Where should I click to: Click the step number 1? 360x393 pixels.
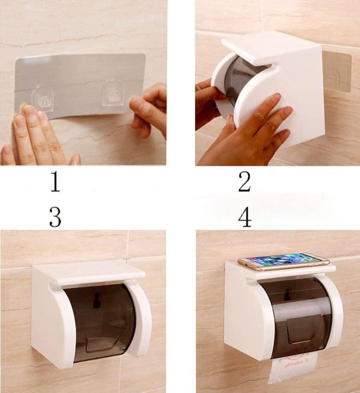55,183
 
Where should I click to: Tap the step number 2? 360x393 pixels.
245,183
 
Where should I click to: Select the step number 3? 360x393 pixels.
55,217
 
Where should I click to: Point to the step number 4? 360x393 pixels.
245,217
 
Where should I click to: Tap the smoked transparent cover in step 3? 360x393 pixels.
100,319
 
